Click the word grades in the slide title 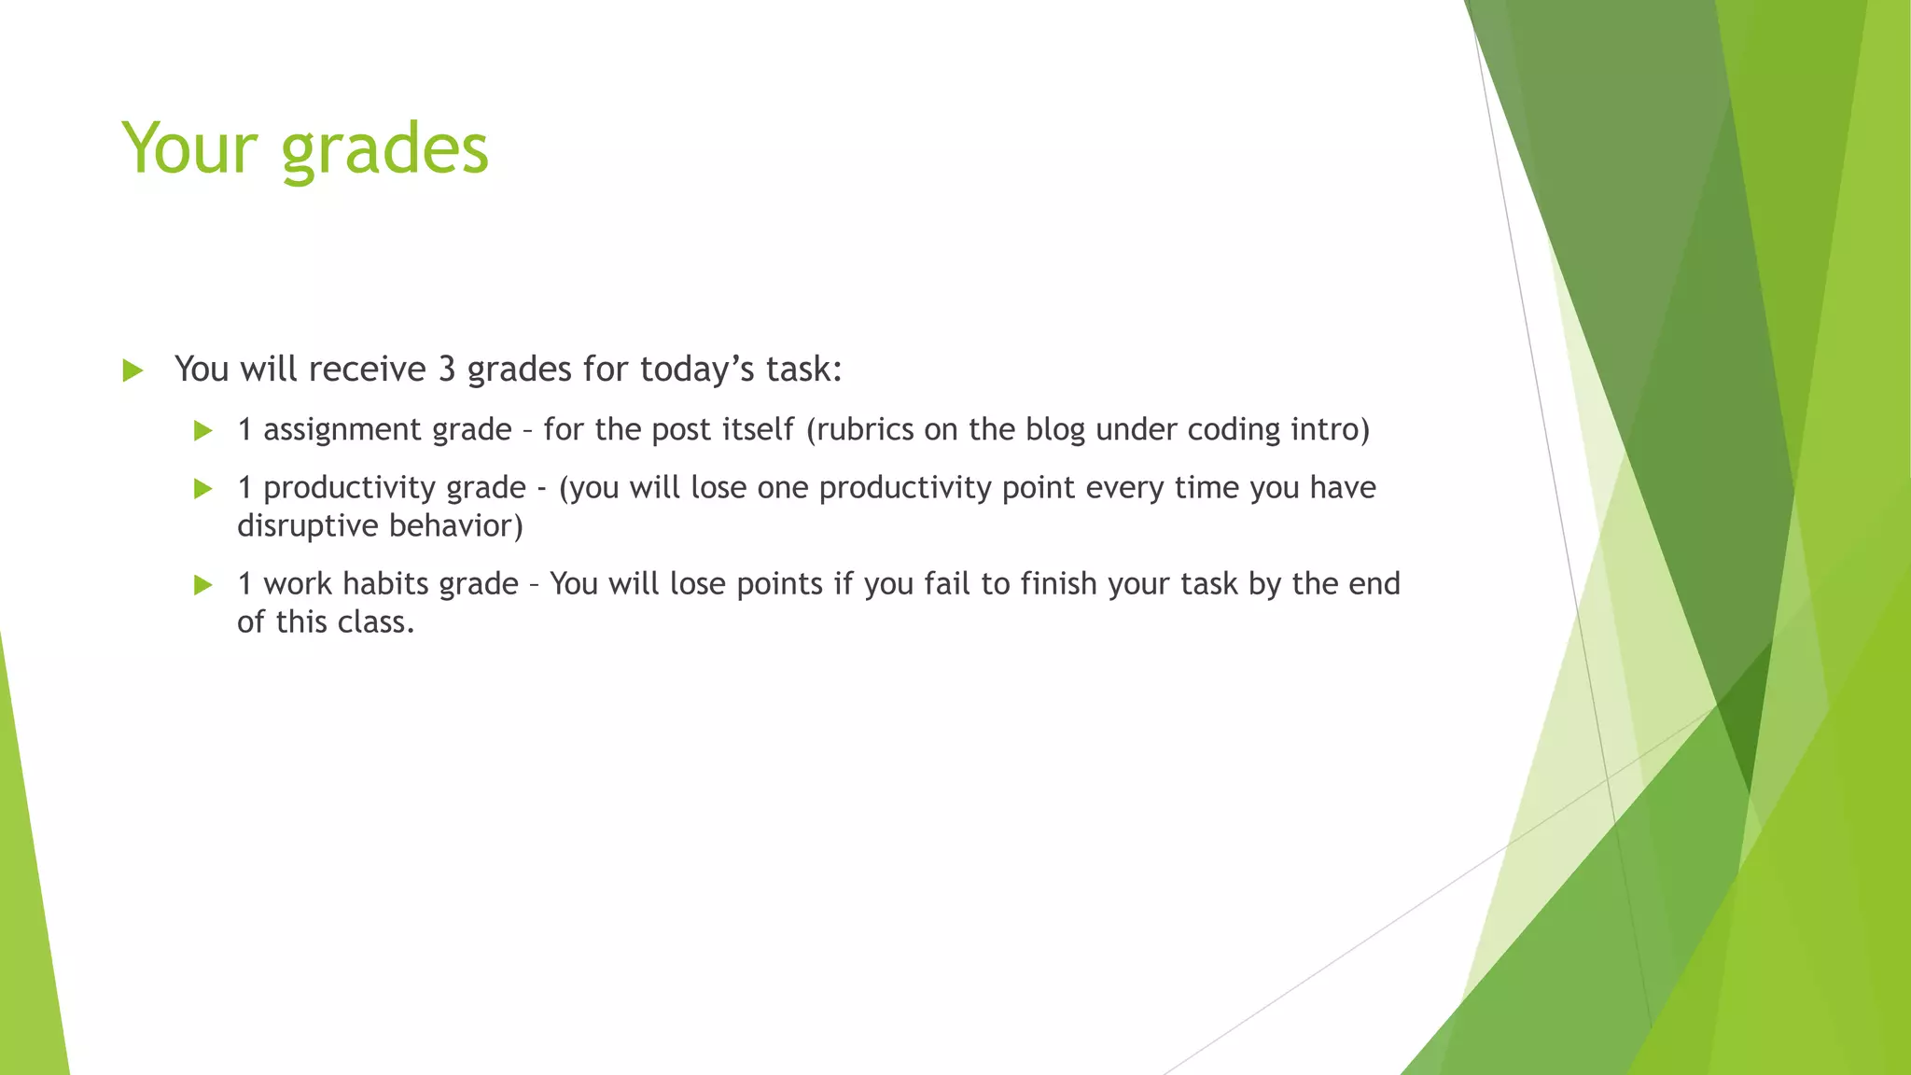point(384,149)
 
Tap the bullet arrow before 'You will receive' point(133,370)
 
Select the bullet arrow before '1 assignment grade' point(202,430)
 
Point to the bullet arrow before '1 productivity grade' point(202,489)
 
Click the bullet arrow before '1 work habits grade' point(202,585)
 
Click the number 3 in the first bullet point(447,370)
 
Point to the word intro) point(1331,429)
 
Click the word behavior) point(456,526)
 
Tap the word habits point(385,584)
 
